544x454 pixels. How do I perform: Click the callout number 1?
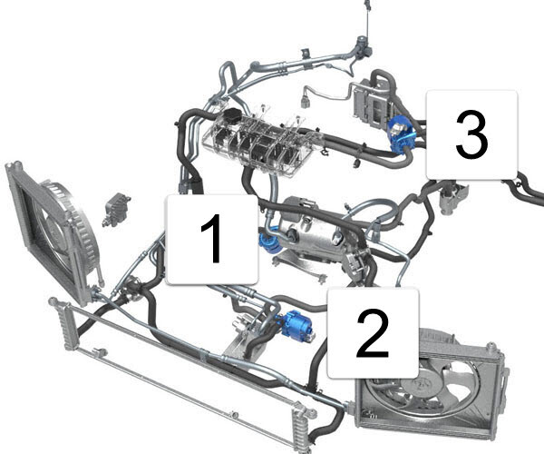coord(210,239)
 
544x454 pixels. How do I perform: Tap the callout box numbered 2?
coord(373,332)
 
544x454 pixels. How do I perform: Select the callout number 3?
coord(471,134)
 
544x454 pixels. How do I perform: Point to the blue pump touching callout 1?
coord(267,240)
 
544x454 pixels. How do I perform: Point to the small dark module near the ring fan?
coord(115,210)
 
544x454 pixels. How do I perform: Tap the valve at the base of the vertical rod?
coord(363,44)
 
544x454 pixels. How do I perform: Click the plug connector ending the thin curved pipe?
coord(306,102)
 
